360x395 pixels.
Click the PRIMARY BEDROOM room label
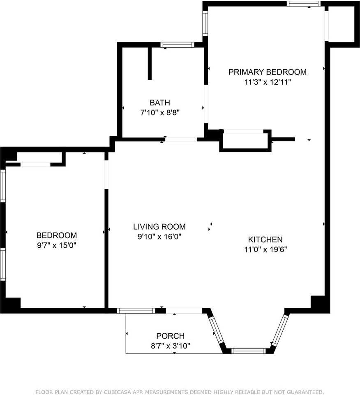268,72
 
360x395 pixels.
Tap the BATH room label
160,103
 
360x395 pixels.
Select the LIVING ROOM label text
159,227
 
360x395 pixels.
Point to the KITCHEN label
265,239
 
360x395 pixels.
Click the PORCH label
171,336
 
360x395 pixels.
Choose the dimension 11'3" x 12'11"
268,82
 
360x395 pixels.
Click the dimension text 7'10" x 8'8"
160,113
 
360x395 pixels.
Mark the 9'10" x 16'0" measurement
159,237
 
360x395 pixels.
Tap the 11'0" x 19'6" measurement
265,250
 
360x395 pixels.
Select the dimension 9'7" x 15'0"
57,245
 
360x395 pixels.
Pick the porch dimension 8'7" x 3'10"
171,346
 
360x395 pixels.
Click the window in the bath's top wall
178,45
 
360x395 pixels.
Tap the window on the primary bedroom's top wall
304,4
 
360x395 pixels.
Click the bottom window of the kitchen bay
248,351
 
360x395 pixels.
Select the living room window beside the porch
136,311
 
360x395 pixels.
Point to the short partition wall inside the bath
150,63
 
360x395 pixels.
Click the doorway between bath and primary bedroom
206,104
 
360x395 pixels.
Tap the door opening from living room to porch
184,311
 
